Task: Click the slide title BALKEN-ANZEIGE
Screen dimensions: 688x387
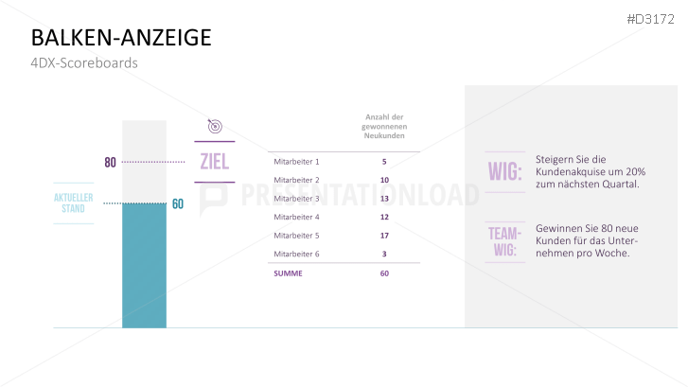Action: [121, 37]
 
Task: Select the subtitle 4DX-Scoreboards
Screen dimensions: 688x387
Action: [84, 62]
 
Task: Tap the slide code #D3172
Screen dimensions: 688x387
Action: [650, 19]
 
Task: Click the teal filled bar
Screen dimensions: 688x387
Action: [145, 266]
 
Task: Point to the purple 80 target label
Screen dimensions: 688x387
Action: [110, 163]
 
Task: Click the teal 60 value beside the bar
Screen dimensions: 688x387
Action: [178, 203]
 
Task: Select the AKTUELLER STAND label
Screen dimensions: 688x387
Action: [73, 203]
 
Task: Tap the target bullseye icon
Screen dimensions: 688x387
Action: [215, 126]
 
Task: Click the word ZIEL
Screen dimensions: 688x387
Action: [215, 162]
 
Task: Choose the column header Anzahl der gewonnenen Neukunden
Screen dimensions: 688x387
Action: [384, 127]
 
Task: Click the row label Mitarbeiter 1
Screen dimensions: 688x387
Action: [296, 162]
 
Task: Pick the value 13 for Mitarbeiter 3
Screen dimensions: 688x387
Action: [384, 199]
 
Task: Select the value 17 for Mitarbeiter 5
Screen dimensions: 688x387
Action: [384, 236]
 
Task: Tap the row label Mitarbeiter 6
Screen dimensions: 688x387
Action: [296, 254]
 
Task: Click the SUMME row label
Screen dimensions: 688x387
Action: [288, 273]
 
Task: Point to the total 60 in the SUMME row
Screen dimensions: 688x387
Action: [384, 273]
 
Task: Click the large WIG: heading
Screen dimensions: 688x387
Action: [505, 171]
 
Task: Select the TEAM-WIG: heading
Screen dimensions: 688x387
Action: [505, 242]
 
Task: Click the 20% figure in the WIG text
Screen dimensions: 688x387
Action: [636, 171]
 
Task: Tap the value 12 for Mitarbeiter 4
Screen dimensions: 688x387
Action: [384, 217]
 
